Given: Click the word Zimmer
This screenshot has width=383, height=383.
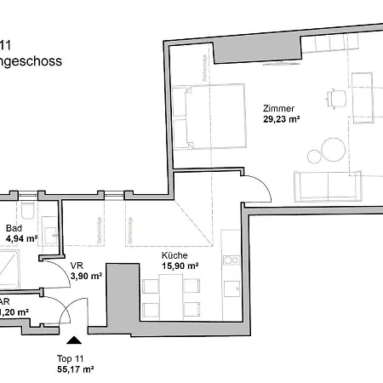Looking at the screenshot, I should pyautogui.click(x=278, y=109).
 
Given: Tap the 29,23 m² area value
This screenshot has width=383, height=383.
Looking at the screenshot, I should pyautogui.click(x=283, y=120).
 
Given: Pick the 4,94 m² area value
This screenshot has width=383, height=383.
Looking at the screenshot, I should pyautogui.click(x=20, y=239).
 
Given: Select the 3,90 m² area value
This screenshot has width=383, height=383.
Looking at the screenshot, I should pyautogui.click(x=85, y=277).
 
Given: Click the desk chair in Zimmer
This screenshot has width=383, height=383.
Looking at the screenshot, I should pyautogui.click(x=338, y=96).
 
